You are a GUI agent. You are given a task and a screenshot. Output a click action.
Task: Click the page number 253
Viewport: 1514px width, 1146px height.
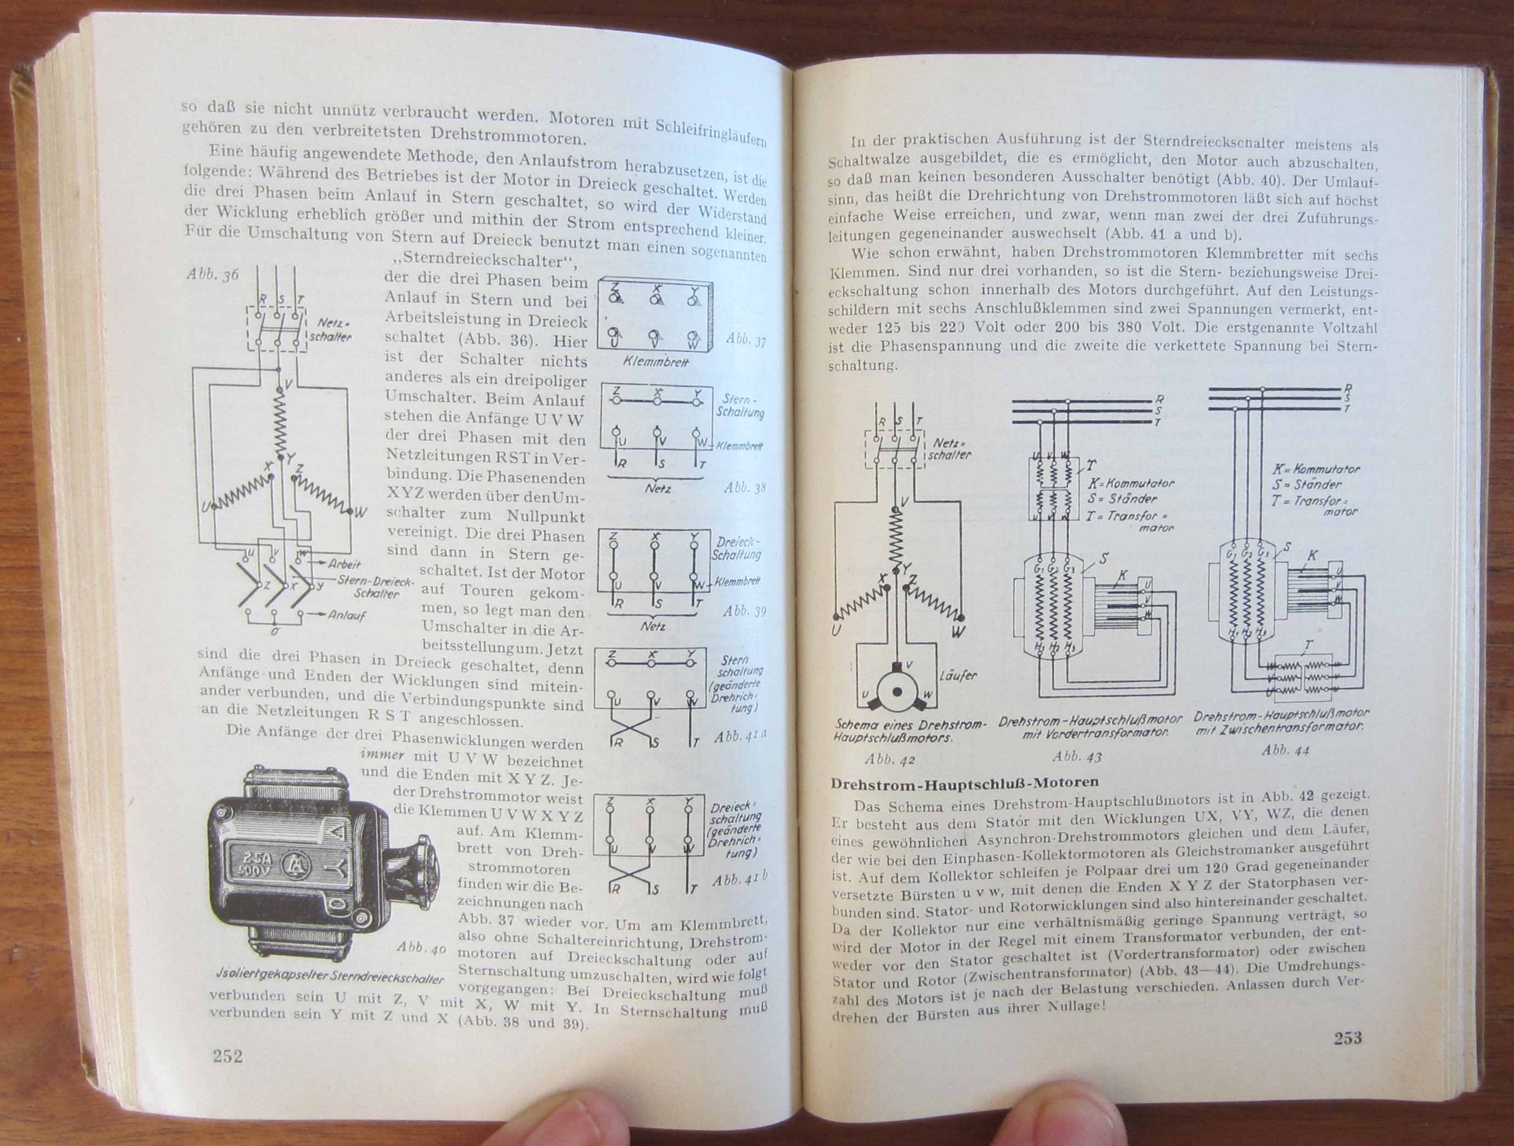click(x=1348, y=1038)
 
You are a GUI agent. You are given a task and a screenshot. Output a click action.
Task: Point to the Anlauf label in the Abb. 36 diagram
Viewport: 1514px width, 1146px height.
click(x=346, y=615)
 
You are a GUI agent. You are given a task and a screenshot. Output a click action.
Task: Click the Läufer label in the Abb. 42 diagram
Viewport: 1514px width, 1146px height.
click(x=958, y=676)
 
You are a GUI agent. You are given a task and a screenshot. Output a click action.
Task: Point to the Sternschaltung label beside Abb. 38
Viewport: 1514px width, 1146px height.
click(x=741, y=406)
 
